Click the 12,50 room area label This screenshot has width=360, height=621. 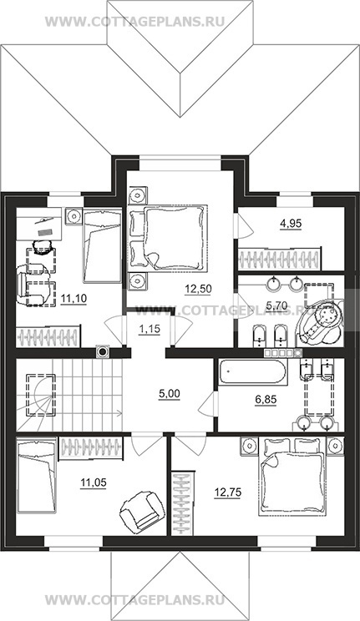(x=198, y=289)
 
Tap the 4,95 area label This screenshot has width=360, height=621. (x=291, y=224)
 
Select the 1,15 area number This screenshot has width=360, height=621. (x=149, y=329)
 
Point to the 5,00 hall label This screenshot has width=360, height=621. (x=169, y=394)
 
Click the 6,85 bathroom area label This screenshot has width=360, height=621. (x=266, y=400)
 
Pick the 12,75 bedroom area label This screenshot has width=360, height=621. (x=227, y=493)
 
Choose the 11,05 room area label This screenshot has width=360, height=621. (x=94, y=482)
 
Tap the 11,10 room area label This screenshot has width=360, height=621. (x=74, y=297)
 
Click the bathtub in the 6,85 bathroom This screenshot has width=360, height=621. (x=251, y=372)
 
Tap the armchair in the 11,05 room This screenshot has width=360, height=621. (x=142, y=511)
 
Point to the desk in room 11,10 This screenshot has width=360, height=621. (x=39, y=224)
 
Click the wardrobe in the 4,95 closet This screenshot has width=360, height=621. (x=279, y=259)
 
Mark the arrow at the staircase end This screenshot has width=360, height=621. (x=118, y=413)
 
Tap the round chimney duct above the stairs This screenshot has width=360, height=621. (x=102, y=351)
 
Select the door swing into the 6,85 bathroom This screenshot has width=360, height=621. (x=208, y=405)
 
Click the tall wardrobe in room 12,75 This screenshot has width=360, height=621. (x=183, y=503)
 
